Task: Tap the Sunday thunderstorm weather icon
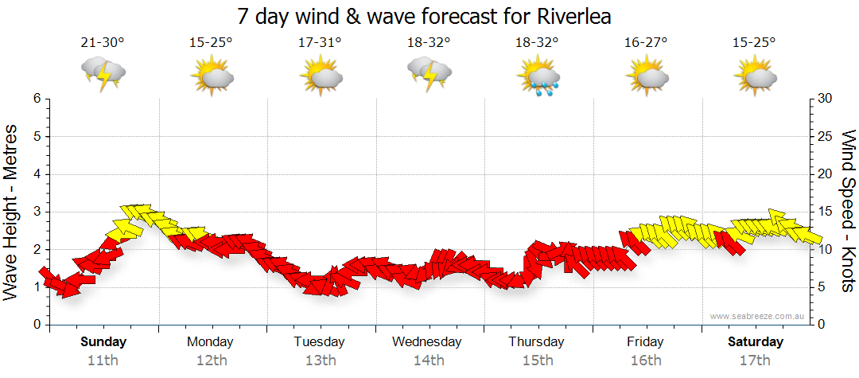point(103,74)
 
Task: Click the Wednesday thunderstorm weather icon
point(429,74)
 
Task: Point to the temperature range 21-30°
point(103,43)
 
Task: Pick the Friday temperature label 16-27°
point(645,43)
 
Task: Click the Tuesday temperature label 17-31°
point(320,43)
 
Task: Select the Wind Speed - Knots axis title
point(848,211)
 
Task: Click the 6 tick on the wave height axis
point(36,99)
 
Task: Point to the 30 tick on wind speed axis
point(826,99)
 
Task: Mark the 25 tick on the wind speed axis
point(826,136)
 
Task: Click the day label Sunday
point(103,342)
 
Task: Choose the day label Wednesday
point(427,342)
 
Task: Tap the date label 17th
point(754,360)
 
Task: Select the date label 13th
point(320,360)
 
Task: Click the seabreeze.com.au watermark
point(758,317)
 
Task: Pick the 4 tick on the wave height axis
point(36,174)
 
